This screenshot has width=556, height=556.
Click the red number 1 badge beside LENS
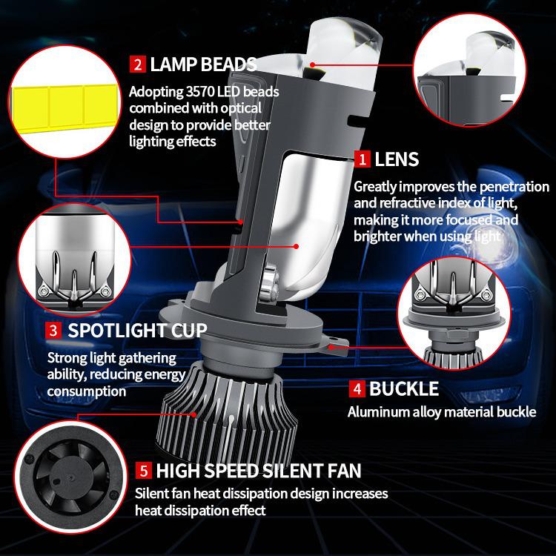363,159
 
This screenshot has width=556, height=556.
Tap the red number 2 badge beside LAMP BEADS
138,64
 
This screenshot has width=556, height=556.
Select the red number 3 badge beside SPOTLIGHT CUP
53,329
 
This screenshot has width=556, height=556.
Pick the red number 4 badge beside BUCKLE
357,388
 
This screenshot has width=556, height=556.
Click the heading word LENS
397,159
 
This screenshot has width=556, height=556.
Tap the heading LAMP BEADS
203,64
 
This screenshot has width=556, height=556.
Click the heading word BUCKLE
404,388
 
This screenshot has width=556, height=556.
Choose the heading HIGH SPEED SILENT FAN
259,470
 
